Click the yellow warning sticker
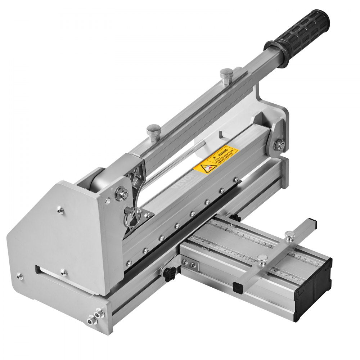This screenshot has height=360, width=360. tap(216, 158)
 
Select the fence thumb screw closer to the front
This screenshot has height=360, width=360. tap(262, 258)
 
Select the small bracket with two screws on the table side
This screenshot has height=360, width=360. tap(189, 265)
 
